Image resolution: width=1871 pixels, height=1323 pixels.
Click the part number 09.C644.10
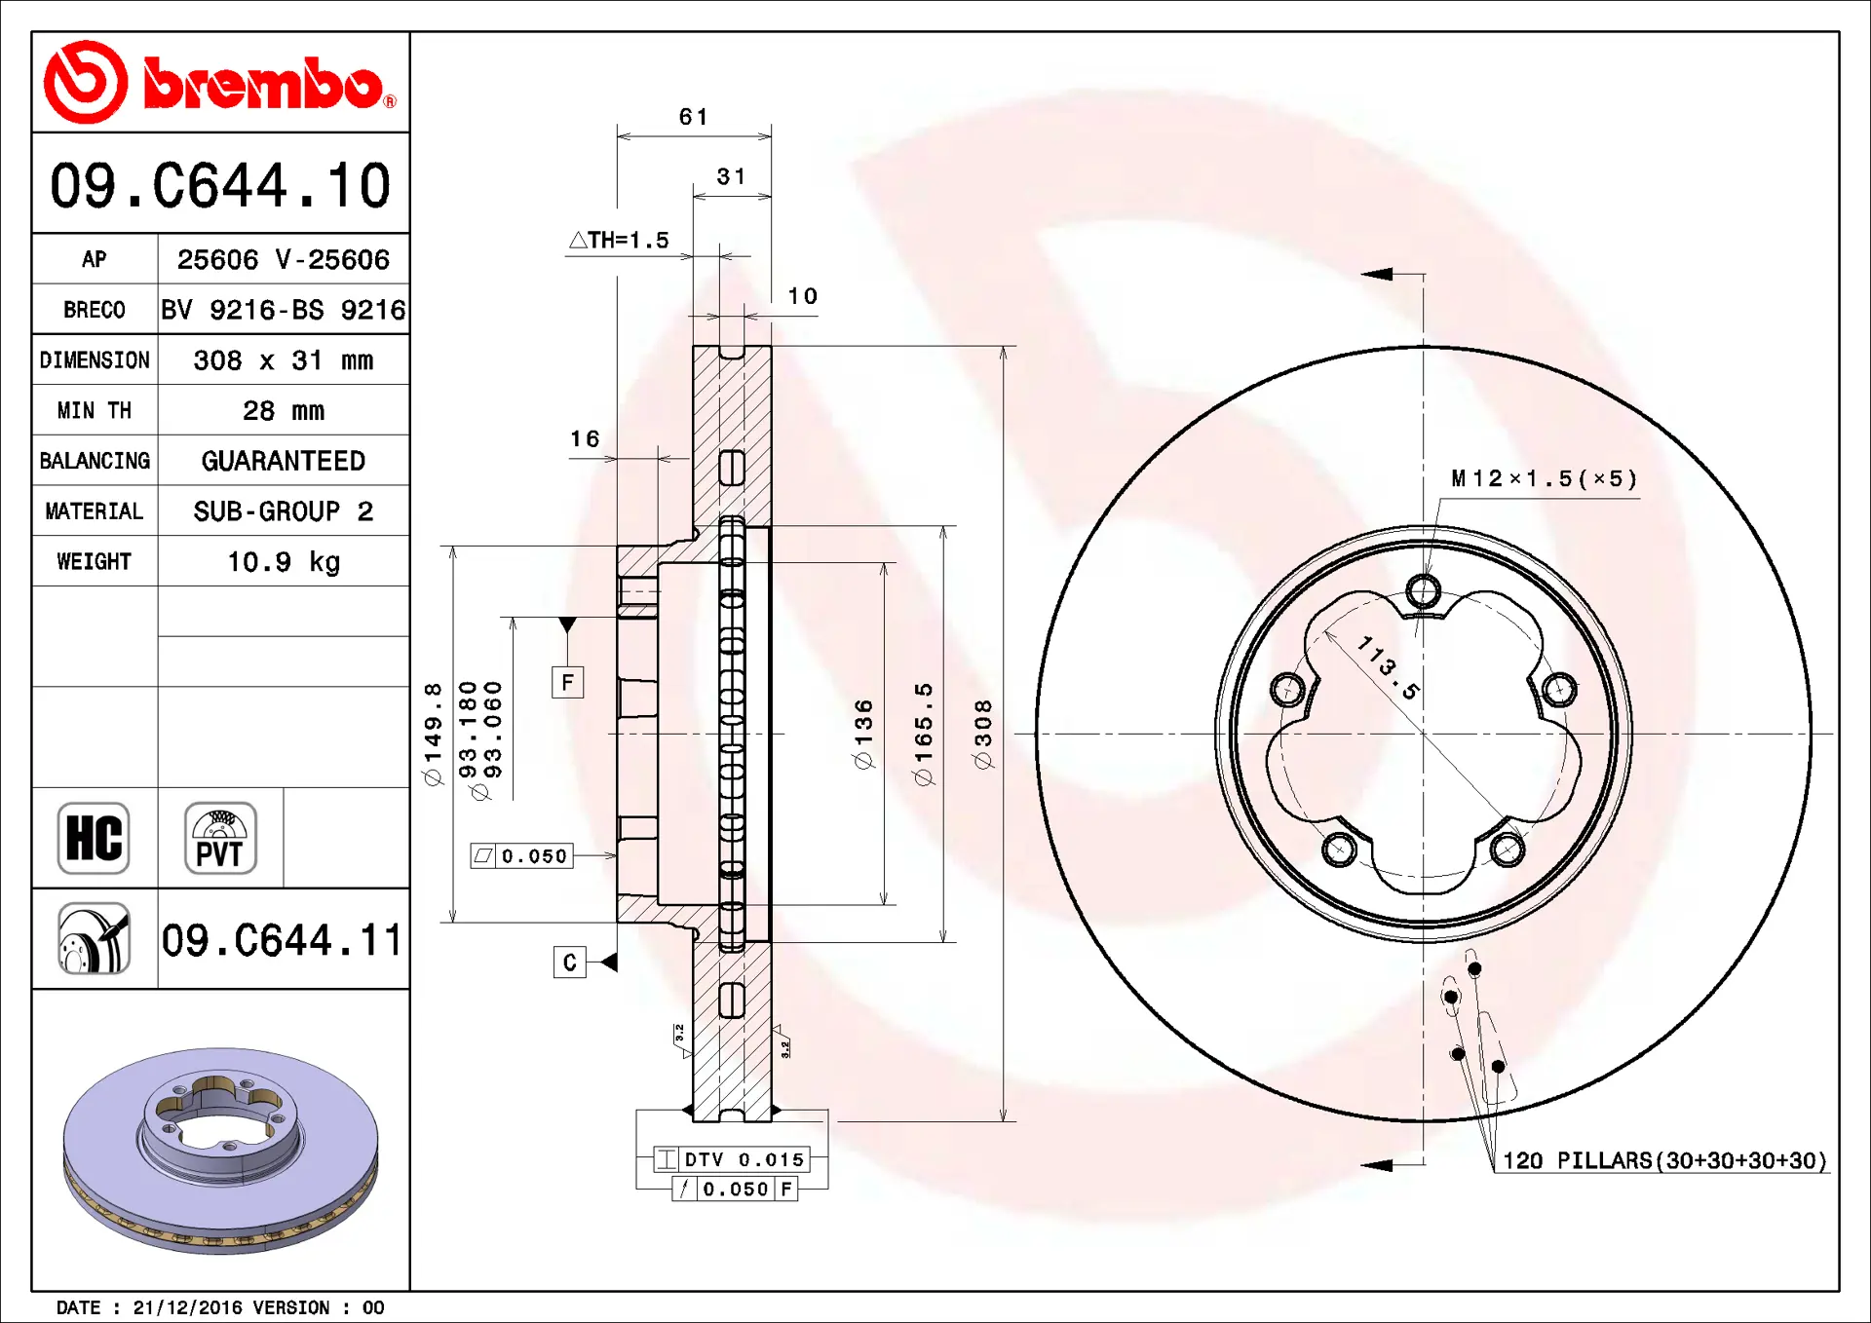[x=220, y=185]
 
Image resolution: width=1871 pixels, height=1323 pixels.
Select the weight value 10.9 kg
[x=284, y=562]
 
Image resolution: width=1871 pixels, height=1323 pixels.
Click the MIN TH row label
[x=95, y=411]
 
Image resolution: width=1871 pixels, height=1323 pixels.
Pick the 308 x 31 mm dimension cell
[x=284, y=360]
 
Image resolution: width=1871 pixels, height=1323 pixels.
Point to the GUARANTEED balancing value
[x=284, y=461]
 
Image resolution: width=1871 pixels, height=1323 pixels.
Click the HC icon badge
[x=94, y=838]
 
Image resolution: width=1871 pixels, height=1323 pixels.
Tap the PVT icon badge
[x=220, y=838]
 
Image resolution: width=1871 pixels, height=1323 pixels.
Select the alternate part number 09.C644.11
[x=282, y=940]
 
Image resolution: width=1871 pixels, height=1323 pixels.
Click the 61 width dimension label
[x=694, y=117]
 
